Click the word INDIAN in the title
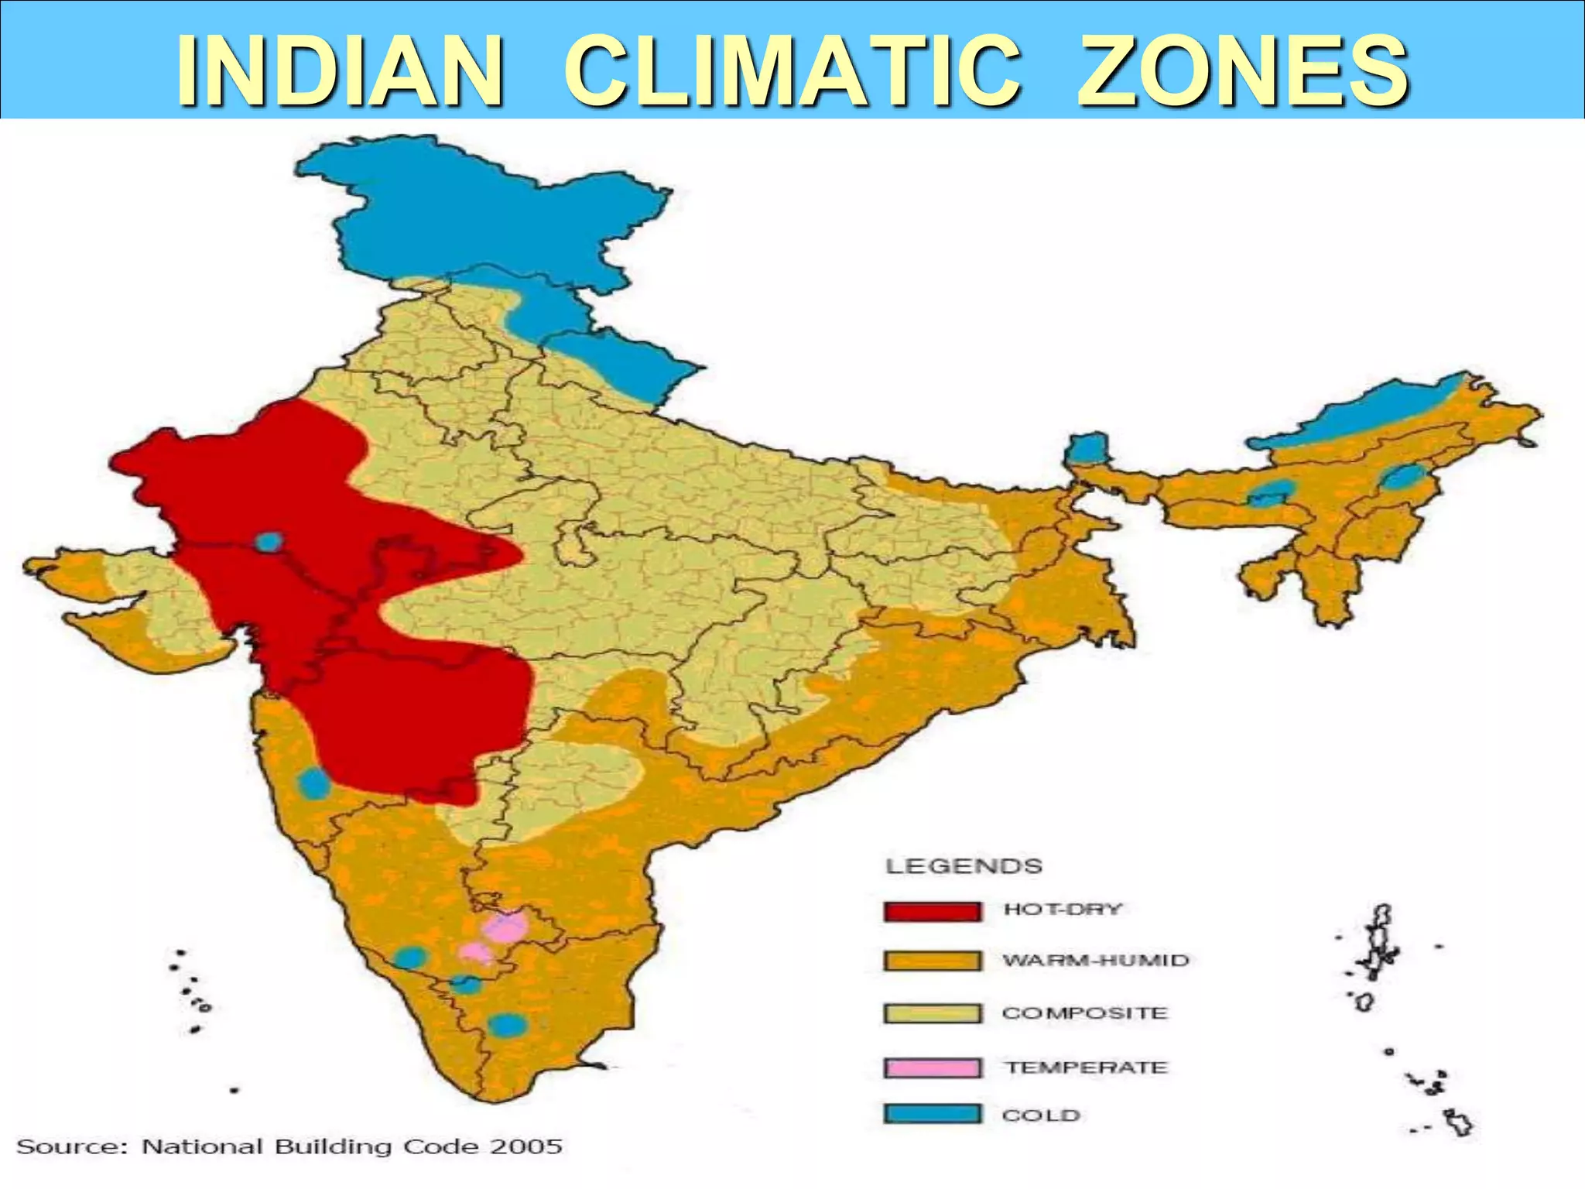pyautogui.click(x=341, y=71)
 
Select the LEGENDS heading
pyautogui.click(x=964, y=866)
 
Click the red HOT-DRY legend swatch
pyautogui.click(x=932, y=911)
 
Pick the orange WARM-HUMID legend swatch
pyautogui.click(x=932, y=961)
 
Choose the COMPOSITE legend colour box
pyautogui.click(x=932, y=1013)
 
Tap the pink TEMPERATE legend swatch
pyautogui.click(x=932, y=1067)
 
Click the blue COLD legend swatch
pyautogui.click(x=932, y=1114)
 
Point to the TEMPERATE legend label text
pyautogui.click(x=1086, y=1067)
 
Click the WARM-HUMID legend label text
pyautogui.click(x=1095, y=961)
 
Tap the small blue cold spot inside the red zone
pyautogui.click(x=268, y=541)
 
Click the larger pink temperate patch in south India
pyautogui.click(x=505, y=927)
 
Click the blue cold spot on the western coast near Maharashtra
pyautogui.click(x=314, y=783)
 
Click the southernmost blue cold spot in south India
pyautogui.click(x=508, y=1026)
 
